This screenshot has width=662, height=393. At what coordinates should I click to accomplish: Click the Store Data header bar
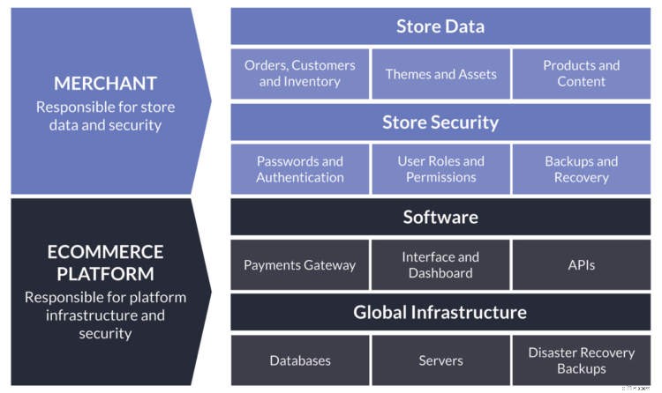(x=440, y=26)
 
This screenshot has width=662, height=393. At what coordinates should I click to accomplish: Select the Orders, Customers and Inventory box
(x=300, y=73)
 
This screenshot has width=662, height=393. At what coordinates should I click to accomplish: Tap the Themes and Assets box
(x=440, y=73)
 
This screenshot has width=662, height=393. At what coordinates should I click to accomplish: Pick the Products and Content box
(x=582, y=73)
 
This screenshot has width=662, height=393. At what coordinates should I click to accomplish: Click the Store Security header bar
(x=440, y=122)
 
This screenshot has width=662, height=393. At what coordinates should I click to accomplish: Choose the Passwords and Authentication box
(x=300, y=169)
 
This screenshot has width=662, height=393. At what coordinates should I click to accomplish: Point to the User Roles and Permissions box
(x=440, y=169)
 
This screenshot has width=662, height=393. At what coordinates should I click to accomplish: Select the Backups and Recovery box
(x=582, y=169)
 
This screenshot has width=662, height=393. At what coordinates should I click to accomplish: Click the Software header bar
(x=440, y=217)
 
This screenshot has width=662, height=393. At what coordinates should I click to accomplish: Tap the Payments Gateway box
(x=300, y=264)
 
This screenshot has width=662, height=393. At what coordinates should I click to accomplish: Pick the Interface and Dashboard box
(x=440, y=264)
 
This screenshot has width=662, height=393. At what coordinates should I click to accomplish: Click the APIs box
(x=582, y=264)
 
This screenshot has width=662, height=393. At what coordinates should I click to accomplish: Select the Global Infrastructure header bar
(x=440, y=312)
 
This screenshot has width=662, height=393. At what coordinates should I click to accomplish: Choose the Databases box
(x=300, y=360)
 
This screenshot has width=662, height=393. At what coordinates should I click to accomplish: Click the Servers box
(x=440, y=360)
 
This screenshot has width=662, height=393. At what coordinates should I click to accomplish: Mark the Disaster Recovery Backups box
(x=582, y=360)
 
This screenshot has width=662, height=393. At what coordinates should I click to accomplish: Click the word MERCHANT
(x=105, y=84)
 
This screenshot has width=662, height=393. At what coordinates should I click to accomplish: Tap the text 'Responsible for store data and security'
(x=105, y=115)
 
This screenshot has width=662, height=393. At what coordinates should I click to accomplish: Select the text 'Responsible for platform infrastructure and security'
(x=105, y=315)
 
